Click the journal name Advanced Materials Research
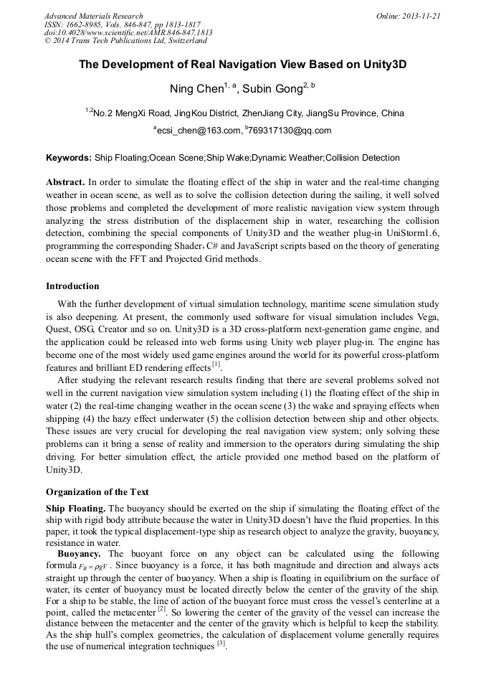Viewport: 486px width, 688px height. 93,16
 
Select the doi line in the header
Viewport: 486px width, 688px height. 128,32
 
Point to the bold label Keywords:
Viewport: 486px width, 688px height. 69,158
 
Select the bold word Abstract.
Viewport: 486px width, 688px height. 66,183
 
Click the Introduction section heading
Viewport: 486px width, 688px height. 72,286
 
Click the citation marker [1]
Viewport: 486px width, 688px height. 216,366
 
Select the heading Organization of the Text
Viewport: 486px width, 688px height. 97,492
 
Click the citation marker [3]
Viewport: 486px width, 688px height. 221,644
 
